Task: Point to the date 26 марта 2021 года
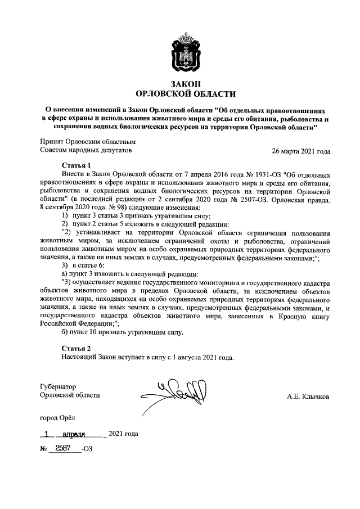pyautogui.click(x=301, y=151)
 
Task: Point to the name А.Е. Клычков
pyautogui.click(x=308, y=397)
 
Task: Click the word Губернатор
pyautogui.click(x=58, y=386)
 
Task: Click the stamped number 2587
pyautogui.click(x=62, y=448)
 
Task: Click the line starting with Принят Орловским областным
pyautogui.click(x=88, y=142)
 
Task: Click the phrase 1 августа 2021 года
pyautogui.click(x=201, y=357)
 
